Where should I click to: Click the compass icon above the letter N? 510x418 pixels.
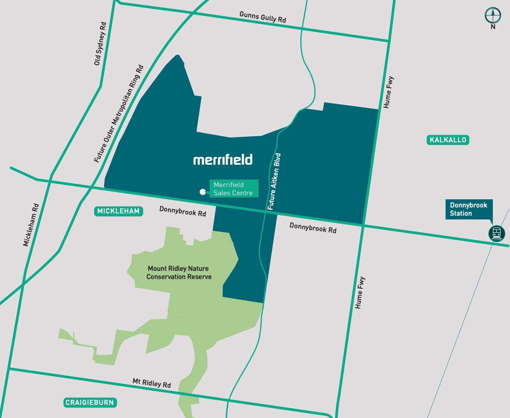[492, 15]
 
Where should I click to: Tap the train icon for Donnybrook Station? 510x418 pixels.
[497, 234]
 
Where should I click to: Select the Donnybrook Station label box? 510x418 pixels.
[469, 209]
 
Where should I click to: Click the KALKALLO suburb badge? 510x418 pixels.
[447, 140]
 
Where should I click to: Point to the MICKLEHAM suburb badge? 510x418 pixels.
[118, 211]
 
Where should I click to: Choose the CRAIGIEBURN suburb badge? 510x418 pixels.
[89, 402]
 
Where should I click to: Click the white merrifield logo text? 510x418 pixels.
[223, 160]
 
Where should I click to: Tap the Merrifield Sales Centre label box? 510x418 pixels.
[234, 189]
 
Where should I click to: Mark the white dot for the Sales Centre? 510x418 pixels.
[203, 192]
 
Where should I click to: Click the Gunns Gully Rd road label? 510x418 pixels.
[263, 17]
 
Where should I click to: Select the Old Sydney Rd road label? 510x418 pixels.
[100, 44]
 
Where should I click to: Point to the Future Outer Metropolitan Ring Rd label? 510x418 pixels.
[118, 114]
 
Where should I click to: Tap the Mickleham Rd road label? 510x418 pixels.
[31, 225]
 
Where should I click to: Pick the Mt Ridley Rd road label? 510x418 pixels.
[152, 383]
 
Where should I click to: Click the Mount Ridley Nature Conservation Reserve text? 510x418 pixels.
[178, 273]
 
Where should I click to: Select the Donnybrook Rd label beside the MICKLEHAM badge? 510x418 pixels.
[183, 211]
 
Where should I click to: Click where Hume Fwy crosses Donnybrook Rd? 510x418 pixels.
[363, 225]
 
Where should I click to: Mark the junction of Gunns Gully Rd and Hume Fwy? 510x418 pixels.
[389, 41]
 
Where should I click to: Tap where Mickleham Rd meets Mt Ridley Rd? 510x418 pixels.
[9, 369]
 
